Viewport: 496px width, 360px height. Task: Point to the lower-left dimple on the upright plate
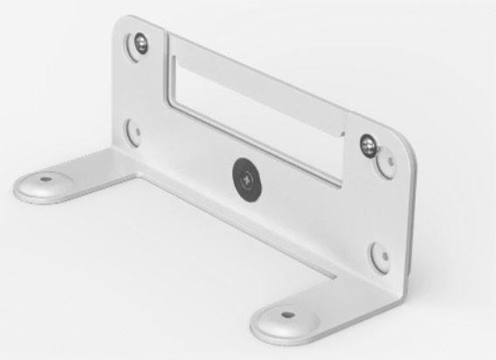point(133,131)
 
